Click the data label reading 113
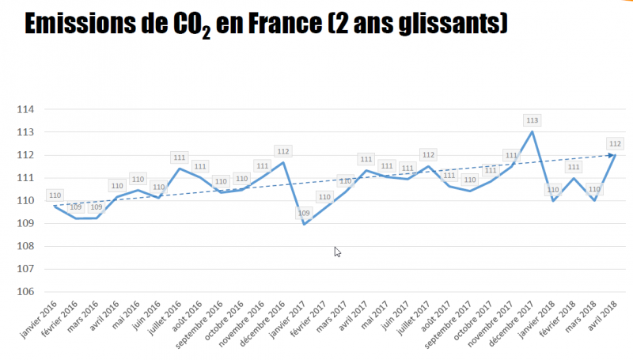point(532,120)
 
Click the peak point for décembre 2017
point(532,131)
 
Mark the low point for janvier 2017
point(283,224)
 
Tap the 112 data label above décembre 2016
point(283,151)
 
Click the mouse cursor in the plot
point(337,251)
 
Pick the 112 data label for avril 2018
point(615,143)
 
